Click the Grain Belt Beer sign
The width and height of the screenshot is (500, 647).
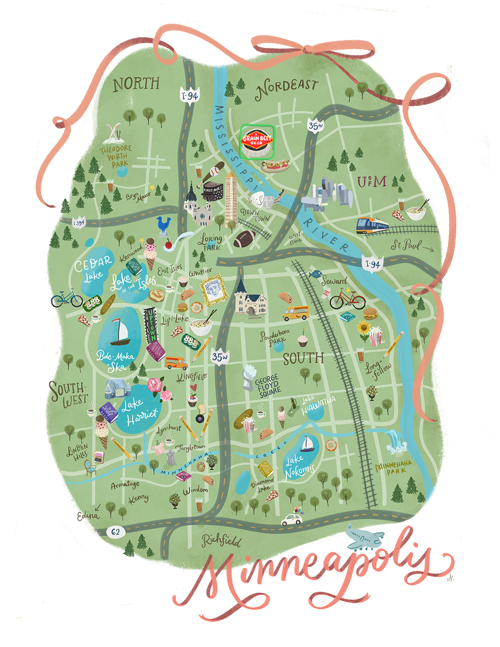(x=257, y=141)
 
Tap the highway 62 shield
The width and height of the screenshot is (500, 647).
(x=115, y=532)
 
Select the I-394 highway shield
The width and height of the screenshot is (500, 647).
(x=78, y=223)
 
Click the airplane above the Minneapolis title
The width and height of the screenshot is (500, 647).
(x=365, y=539)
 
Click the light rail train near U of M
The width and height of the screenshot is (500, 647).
(x=372, y=226)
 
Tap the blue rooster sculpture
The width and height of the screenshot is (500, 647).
(x=163, y=224)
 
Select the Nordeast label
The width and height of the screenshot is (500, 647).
(x=287, y=87)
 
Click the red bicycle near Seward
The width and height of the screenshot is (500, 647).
(x=347, y=299)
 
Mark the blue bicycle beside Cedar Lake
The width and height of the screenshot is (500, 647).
(x=66, y=298)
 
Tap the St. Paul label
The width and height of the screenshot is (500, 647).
(x=406, y=245)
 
